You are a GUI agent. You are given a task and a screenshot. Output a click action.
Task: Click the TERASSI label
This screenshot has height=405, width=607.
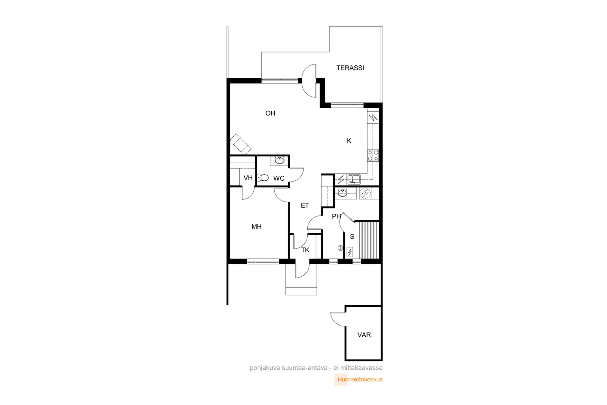click(350, 68)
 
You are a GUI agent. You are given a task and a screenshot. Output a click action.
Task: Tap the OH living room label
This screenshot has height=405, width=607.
click(270, 113)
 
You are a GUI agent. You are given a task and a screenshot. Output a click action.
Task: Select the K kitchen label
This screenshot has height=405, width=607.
click(349, 141)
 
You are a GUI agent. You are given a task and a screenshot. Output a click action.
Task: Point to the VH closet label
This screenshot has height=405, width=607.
click(248, 178)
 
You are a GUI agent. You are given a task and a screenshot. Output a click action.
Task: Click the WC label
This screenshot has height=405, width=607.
click(279, 178)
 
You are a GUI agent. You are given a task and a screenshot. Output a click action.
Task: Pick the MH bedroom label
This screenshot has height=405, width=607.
click(256, 227)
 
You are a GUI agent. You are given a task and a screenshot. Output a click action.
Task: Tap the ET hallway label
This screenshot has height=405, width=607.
click(305, 205)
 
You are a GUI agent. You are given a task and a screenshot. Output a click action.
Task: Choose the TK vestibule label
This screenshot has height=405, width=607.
click(305, 250)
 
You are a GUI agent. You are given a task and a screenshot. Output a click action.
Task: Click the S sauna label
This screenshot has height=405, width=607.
click(352, 236)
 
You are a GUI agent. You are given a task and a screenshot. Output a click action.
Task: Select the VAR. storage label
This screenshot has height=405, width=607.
click(365, 335)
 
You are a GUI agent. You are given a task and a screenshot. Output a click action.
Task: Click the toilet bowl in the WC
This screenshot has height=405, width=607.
click(263, 178)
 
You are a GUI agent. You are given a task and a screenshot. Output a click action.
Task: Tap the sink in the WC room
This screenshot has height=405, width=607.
click(279, 161)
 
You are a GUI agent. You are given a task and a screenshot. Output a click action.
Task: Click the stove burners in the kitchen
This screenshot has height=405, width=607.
click(373, 156)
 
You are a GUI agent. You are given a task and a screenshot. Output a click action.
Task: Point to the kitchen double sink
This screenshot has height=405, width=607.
click(354, 179)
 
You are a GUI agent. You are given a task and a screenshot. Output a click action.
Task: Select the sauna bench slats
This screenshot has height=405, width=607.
click(369, 240)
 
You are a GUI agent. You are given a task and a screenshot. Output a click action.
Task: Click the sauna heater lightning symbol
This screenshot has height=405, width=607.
click(350, 252)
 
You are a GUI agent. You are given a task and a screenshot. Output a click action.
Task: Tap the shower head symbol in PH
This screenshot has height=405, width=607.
click(340, 248)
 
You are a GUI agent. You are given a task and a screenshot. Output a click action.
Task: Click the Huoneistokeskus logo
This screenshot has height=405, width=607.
click(359, 380)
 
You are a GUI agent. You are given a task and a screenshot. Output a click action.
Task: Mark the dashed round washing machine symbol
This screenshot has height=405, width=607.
click(365, 193)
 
